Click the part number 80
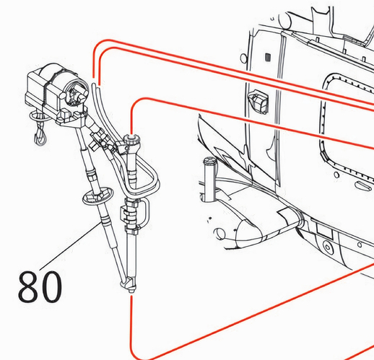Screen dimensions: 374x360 pos(40,286)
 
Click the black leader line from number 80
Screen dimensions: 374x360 pos(71,245)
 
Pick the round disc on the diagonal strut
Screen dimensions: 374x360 pos(98,196)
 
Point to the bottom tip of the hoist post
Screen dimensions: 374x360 pos(131,291)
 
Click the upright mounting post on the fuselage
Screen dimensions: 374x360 pos(209,179)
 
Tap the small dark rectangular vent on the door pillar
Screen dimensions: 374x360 pos(268,57)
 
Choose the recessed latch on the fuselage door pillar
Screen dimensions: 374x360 pos(258,101)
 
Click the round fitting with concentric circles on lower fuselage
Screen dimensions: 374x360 pos(327,247)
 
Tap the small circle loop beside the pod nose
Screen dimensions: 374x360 pos(219,234)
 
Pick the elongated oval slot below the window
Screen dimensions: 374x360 pos(362,185)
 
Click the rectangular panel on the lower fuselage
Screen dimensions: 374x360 pos(324,229)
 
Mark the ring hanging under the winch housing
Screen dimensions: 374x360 pos(38,117)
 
